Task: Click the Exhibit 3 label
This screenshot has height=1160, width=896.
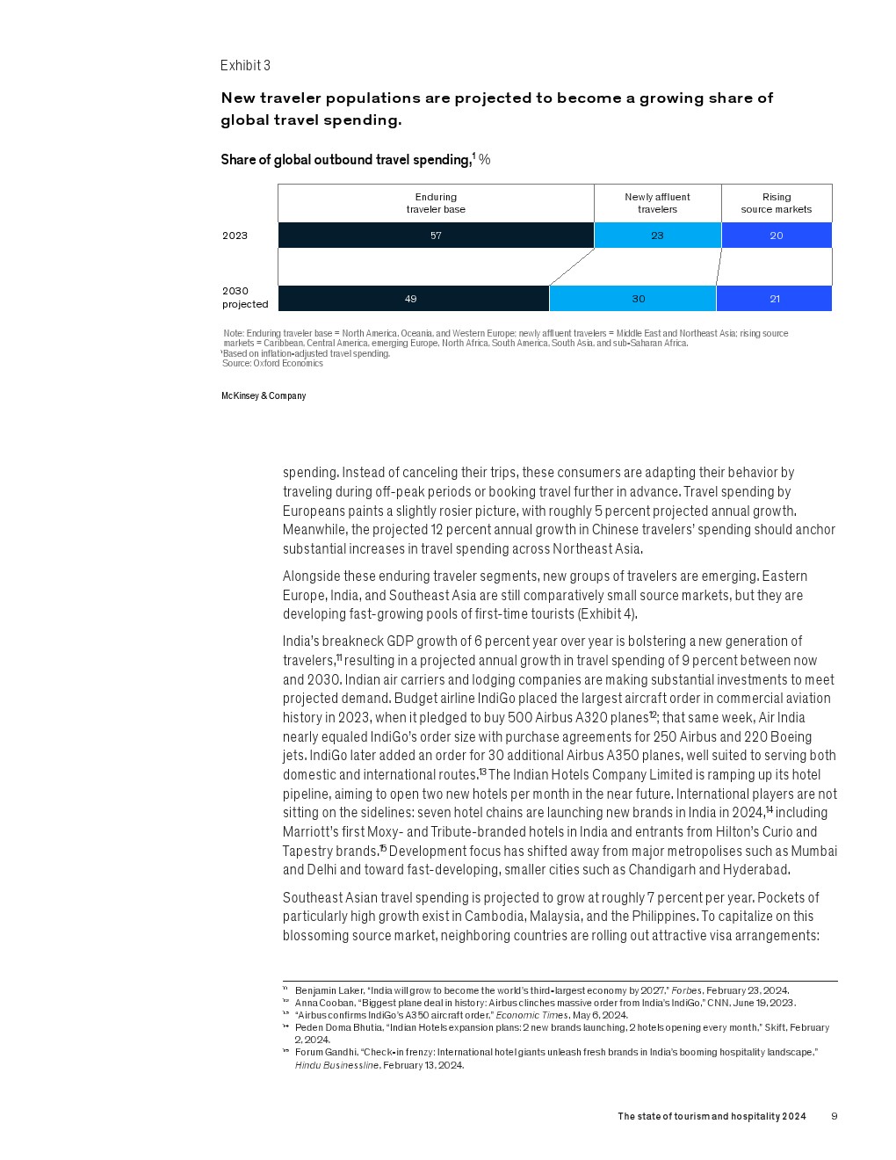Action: point(245,66)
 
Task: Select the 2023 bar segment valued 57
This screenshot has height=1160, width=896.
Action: point(436,236)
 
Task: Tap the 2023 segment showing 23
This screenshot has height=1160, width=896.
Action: point(657,236)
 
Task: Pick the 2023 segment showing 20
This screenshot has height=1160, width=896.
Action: point(777,236)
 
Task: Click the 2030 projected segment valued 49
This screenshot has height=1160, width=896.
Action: point(413,299)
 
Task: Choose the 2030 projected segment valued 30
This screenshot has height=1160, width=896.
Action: point(632,299)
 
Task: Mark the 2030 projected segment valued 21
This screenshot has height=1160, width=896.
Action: point(774,299)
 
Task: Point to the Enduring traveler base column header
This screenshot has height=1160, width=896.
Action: point(436,203)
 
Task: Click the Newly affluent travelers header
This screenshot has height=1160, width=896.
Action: point(657,203)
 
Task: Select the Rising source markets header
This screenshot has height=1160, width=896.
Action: point(777,203)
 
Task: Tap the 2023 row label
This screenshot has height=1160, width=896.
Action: point(235,236)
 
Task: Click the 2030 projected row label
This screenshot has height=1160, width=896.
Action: point(244,298)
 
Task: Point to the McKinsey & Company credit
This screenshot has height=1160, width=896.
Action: point(264,396)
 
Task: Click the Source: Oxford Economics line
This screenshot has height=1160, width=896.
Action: point(272,364)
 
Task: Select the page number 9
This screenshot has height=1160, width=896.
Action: point(835,1117)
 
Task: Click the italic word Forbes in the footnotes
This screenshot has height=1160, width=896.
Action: point(686,990)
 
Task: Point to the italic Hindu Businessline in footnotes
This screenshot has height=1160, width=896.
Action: point(336,1065)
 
